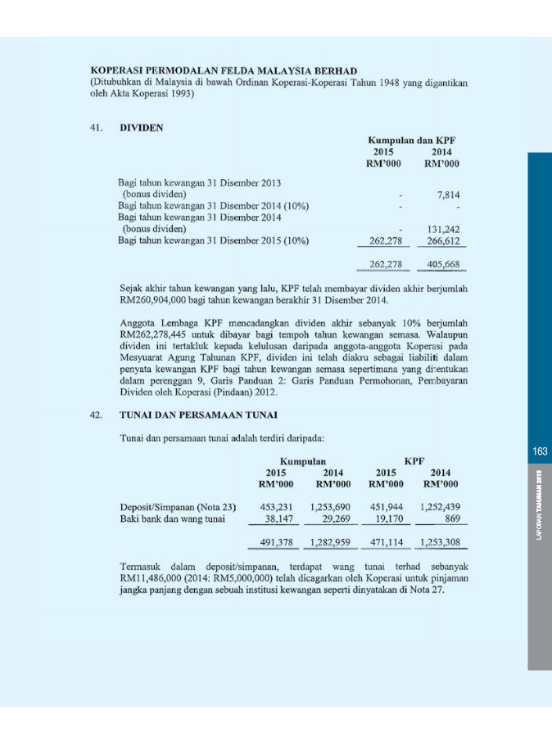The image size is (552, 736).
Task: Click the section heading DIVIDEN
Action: click(142, 128)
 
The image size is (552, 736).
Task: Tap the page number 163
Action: click(540, 451)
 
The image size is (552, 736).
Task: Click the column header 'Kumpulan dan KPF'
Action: click(412, 140)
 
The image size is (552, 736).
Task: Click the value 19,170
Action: click(387, 518)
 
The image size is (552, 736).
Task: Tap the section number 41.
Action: click(97, 128)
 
